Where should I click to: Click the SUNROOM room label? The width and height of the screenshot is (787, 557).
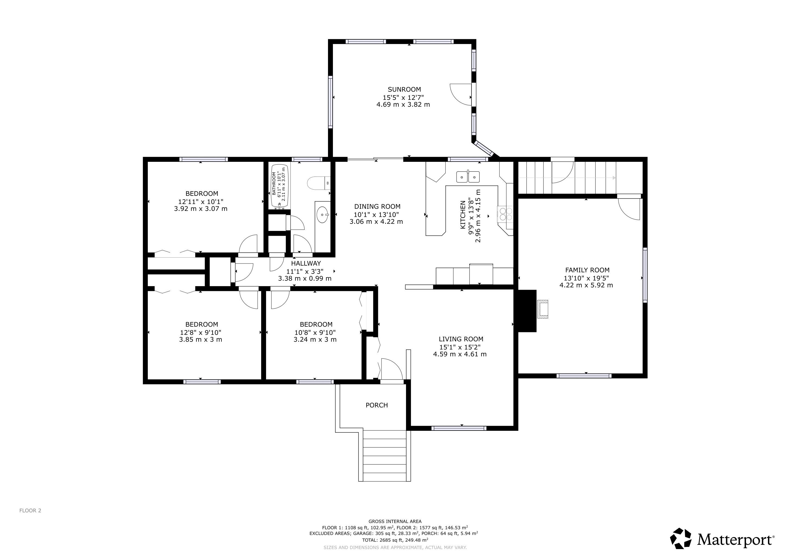coord(404,89)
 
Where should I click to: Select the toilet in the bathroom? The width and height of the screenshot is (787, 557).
coord(318,183)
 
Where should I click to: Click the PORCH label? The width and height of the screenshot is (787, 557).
coord(377,405)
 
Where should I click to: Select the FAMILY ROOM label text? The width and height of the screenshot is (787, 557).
coord(587,270)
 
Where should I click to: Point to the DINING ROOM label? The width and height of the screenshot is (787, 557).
coord(377,206)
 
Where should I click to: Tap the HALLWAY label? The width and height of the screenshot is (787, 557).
coord(306,264)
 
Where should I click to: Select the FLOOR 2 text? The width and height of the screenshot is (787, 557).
coord(30,510)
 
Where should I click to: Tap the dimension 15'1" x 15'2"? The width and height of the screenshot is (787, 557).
coord(460,347)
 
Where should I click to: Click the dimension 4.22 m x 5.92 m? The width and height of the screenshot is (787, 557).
coord(586,285)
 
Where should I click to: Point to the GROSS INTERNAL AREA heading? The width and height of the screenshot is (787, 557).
coord(395,521)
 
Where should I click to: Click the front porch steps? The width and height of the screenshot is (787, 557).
coord(384,456)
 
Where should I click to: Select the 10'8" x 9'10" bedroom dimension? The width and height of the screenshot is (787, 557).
coord(315,332)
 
